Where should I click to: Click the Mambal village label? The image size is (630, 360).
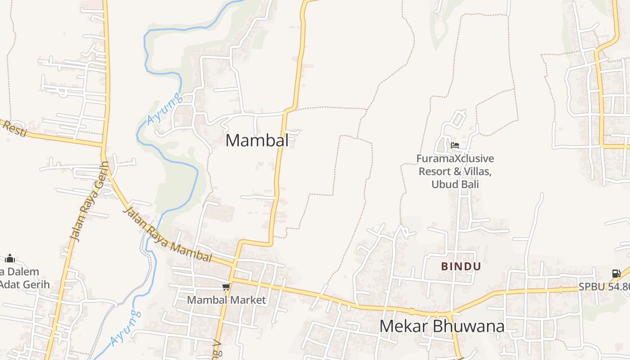coord(257,140)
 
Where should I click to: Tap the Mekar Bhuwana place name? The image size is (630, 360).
coord(441,326)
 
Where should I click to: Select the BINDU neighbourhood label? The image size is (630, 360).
coord(461,266)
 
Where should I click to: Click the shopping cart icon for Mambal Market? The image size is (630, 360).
coord(226,287)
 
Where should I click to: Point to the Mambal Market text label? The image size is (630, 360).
coord(226,300)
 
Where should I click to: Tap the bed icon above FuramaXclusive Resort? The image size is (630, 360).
coord(455,146)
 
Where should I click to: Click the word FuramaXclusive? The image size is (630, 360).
coord(455,159)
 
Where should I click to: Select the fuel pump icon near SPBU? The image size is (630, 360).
coord(616,273)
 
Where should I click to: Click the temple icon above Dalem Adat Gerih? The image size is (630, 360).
coord(10,258)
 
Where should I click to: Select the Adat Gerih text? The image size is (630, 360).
coord(25,284)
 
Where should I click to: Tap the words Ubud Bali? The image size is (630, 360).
coord(455,184)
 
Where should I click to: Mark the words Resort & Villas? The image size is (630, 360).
coord(455,171)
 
